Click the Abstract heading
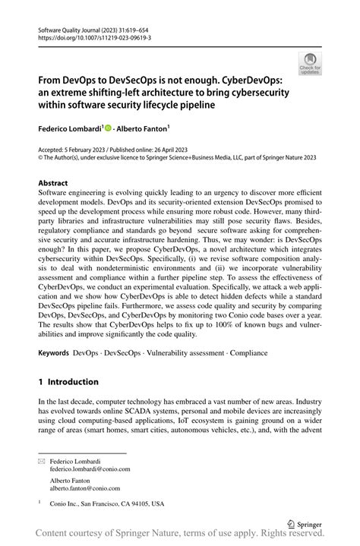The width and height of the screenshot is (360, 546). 53,183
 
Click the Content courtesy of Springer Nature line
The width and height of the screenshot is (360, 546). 180,535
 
